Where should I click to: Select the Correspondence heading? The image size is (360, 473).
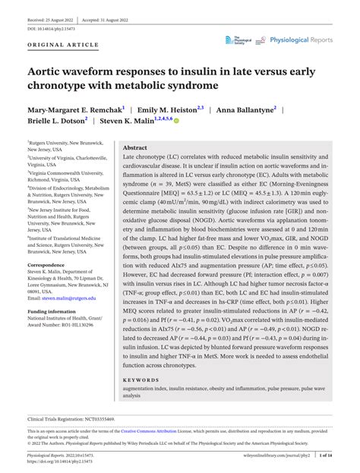(x=47, y=265)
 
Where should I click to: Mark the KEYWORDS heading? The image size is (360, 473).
(x=141, y=379)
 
